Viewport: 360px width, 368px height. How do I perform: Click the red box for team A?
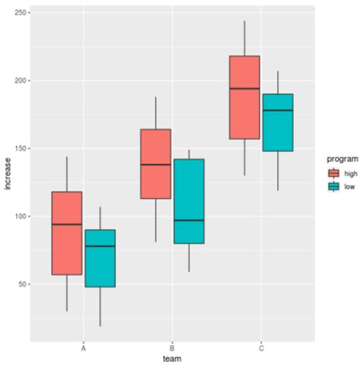[x=67, y=233]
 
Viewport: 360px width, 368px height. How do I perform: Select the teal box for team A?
[x=99, y=258]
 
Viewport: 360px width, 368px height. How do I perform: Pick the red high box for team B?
[x=156, y=163]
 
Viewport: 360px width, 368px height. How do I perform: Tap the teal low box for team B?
[x=188, y=201]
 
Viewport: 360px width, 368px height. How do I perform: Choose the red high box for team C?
[x=245, y=97]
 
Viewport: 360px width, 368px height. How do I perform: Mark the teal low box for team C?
[x=277, y=122]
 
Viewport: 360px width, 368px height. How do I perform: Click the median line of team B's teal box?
[x=188, y=220]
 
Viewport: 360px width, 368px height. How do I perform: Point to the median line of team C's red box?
[x=245, y=89]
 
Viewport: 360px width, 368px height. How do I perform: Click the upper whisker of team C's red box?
[x=245, y=38]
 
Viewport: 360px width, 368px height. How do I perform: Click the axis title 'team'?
[x=172, y=358]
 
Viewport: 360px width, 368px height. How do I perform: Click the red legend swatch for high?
[x=324, y=173]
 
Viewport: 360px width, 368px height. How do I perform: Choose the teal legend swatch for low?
[x=324, y=186]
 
